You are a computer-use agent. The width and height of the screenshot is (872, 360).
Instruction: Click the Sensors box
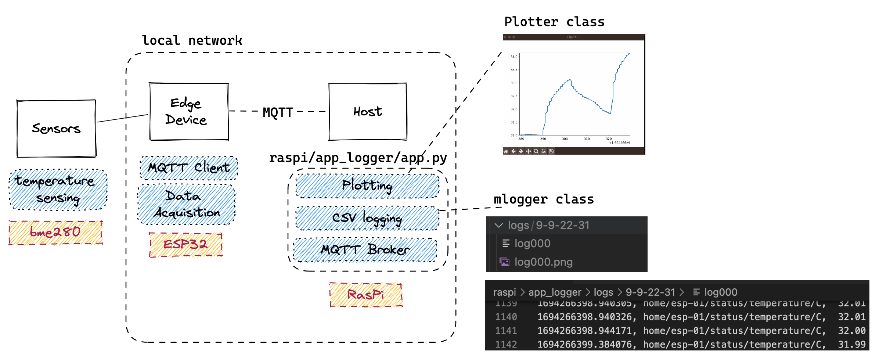56,129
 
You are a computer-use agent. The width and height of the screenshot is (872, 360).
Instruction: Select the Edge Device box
189,112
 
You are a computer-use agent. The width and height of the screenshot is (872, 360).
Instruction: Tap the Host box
368,112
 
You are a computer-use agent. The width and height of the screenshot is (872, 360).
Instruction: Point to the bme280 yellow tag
55,233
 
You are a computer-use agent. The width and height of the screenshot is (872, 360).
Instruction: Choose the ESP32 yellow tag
186,245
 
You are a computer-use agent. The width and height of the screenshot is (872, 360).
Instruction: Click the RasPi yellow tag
366,295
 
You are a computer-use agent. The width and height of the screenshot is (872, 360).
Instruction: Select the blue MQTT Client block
189,168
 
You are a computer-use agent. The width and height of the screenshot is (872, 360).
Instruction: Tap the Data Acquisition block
187,205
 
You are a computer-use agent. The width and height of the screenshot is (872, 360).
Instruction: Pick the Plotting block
367,186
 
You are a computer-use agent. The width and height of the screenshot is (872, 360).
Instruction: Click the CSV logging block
367,218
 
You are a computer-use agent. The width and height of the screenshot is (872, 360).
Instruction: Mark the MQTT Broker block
365,250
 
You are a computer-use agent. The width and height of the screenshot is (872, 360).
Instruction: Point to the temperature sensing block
58,190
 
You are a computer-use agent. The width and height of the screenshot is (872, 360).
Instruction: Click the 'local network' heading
192,40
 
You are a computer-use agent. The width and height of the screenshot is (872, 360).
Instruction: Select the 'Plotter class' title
554,22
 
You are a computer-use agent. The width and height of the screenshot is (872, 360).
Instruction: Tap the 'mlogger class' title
544,199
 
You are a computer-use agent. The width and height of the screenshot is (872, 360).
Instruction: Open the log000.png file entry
543,262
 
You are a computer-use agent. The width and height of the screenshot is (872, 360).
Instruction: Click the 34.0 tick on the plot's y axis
514,57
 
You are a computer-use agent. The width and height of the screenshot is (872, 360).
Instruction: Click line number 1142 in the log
506,345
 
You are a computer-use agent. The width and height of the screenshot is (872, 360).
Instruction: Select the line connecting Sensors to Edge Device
123,118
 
